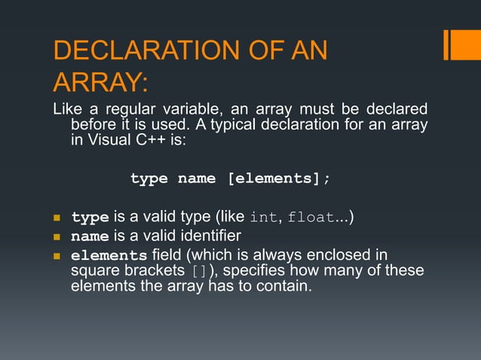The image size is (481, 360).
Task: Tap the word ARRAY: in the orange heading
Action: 100,81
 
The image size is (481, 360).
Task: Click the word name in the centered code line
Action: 195,179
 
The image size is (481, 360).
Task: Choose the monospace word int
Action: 263,218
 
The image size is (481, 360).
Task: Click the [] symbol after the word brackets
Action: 200,271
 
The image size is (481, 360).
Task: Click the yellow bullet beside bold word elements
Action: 57,255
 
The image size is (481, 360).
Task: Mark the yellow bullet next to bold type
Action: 57,218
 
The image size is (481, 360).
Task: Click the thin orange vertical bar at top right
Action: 448,44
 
